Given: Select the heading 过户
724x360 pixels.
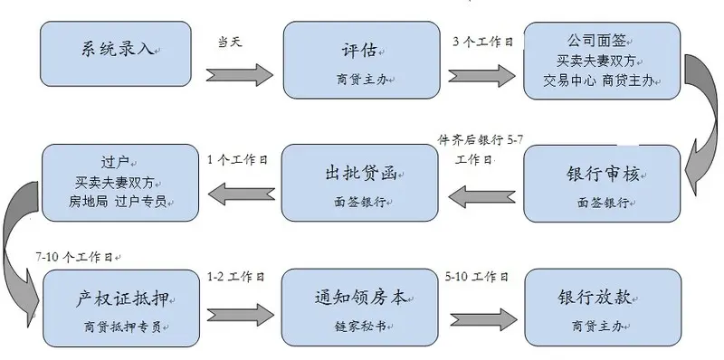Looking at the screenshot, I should pyautogui.click(x=118, y=164).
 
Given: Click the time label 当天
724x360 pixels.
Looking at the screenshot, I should pyautogui.click(x=231, y=42).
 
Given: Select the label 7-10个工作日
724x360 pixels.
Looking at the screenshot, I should pyautogui.click(x=74, y=256).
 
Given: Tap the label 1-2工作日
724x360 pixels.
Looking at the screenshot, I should pyautogui.click(x=235, y=277).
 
